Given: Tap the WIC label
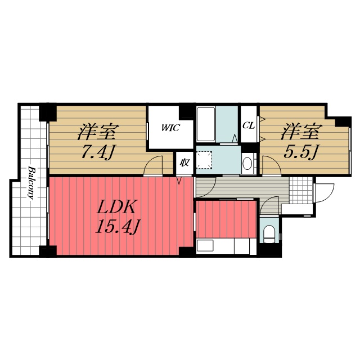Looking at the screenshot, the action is [x=170, y=128].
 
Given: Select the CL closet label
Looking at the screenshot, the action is [x=249, y=125].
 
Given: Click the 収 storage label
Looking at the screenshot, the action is [x=184, y=163].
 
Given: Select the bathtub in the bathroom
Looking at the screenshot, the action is [x=206, y=124].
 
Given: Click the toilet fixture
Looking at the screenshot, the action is [x=269, y=234].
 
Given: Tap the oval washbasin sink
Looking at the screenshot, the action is [x=247, y=163].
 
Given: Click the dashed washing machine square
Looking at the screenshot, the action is [x=204, y=160].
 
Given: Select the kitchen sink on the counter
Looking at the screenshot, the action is [x=205, y=246].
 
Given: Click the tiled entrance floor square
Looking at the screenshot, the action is [x=300, y=190].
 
